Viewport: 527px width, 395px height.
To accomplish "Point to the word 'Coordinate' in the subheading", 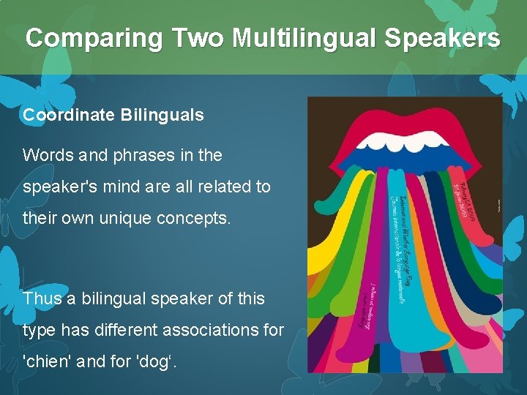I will [x=66, y=115].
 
